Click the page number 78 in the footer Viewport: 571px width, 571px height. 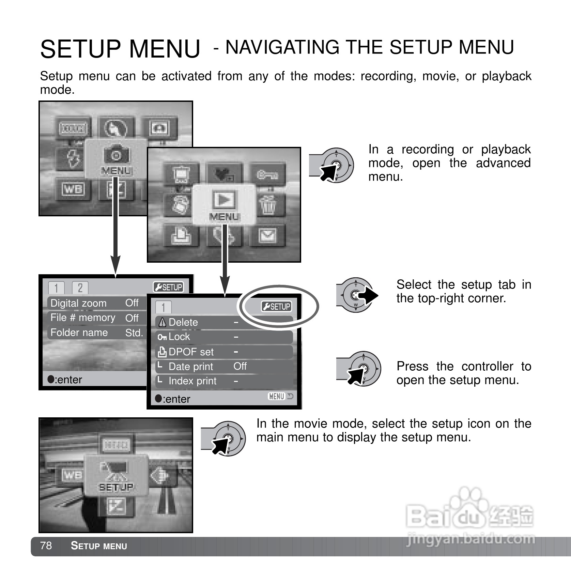click(46, 545)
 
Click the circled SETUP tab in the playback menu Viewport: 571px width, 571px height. click(276, 307)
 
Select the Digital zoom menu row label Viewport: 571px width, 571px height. click(78, 303)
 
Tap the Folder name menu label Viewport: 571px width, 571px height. click(79, 333)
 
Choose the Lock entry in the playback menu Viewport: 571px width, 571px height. click(179, 337)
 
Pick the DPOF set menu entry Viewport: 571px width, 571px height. click(191, 352)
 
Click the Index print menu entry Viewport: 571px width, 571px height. click(192, 381)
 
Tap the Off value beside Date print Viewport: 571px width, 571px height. click(240, 366)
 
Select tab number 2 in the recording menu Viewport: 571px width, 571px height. click(80, 288)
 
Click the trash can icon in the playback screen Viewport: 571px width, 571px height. click(267, 205)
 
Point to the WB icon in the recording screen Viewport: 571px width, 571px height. click(73, 189)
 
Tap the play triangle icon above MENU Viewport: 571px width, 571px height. click(224, 199)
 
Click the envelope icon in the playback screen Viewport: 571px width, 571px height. click(267, 235)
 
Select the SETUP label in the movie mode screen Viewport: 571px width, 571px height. click(116, 487)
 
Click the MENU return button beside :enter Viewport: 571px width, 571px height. click(280, 397)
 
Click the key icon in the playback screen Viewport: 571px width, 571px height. click(267, 175)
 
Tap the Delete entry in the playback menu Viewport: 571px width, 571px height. click(183, 322)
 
